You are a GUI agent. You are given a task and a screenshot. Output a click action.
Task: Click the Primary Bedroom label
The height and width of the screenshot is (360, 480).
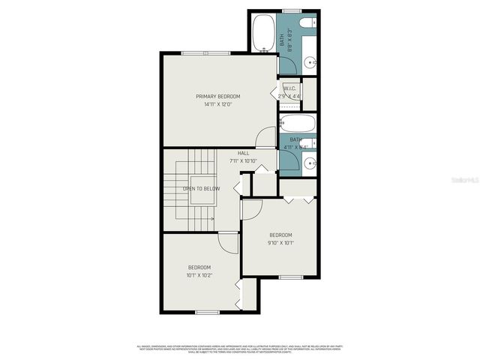(x=217, y=97)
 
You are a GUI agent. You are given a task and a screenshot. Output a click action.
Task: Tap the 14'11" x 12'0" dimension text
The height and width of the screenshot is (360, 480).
(x=217, y=104)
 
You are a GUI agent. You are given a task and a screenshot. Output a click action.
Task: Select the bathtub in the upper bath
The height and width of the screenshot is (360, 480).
(x=262, y=34)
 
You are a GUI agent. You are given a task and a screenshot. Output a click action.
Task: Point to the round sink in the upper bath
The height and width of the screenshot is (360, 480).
(x=310, y=61)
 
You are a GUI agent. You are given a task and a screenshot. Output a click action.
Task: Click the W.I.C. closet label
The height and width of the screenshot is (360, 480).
(x=290, y=89)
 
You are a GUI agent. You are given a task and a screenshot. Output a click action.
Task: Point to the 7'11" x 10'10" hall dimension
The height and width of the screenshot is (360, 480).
(x=243, y=160)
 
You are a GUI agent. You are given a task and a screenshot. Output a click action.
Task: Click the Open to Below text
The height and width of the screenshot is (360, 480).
(x=201, y=188)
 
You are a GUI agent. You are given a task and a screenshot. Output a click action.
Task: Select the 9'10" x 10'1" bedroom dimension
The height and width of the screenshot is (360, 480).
(x=280, y=242)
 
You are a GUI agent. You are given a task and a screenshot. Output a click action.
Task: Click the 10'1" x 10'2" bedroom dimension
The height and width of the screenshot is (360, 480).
(x=199, y=275)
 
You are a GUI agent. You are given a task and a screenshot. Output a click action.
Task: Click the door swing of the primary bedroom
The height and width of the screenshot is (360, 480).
(x=265, y=137)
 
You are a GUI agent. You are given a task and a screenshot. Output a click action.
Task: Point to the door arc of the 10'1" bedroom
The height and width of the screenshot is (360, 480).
(x=228, y=242)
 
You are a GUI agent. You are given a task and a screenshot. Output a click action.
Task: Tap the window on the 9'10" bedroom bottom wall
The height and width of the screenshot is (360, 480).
(x=290, y=277)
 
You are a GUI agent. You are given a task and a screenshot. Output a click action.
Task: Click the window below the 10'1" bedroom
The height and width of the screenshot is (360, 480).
(x=207, y=312)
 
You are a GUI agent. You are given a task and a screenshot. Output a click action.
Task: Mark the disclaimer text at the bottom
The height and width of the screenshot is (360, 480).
(x=240, y=349)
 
